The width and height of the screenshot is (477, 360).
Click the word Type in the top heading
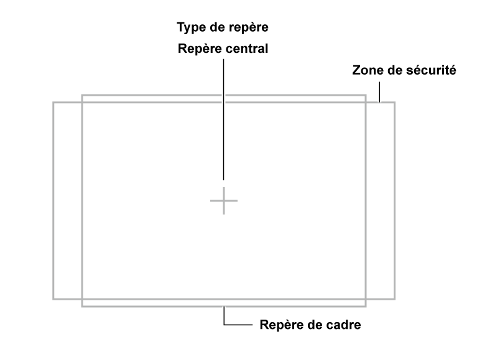191,28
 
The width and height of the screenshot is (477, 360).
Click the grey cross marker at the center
224,201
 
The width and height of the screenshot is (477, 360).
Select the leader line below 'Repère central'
224,119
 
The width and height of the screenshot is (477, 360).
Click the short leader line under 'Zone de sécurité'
379,92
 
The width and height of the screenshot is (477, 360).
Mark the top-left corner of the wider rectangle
53,103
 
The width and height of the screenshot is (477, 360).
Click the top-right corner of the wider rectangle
394,103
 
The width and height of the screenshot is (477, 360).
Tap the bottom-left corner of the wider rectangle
53,299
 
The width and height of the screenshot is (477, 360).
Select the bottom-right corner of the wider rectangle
394,299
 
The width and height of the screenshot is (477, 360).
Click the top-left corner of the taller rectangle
82,96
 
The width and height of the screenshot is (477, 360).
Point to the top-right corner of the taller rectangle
366,96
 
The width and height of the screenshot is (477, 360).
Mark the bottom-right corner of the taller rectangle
366,306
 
